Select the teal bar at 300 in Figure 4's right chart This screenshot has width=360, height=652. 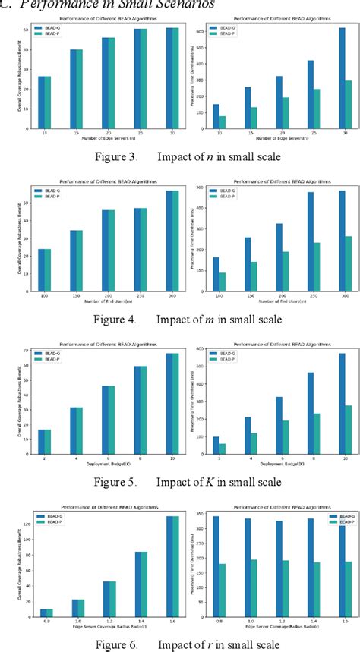click(x=348, y=263)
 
